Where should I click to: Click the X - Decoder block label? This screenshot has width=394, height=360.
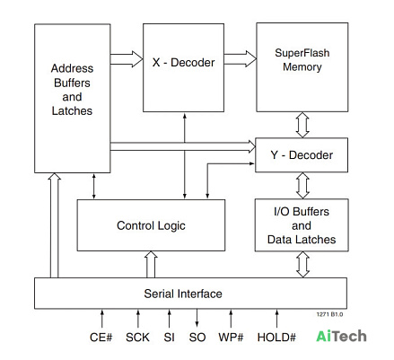[x=183, y=63]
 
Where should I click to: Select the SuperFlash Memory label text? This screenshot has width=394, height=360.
[x=302, y=60]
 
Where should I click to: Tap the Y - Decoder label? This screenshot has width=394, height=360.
[x=302, y=155]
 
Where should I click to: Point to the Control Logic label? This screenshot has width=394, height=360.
[x=151, y=225]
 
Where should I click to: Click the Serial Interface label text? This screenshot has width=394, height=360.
[x=183, y=294]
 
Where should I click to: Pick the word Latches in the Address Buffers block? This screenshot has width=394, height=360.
[x=72, y=111]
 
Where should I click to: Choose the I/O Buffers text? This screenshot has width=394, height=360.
[x=302, y=212]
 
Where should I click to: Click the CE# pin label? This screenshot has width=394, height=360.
[x=101, y=338]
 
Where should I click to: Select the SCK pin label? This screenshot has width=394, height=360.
[x=137, y=338]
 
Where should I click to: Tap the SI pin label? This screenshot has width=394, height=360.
[x=169, y=338]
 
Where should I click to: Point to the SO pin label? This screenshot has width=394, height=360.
[x=197, y=338]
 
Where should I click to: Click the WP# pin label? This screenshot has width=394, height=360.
[x=231, y=338]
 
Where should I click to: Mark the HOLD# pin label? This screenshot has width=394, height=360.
[x=276, y=338]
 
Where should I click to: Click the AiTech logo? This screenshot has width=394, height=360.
[x=341, y=336]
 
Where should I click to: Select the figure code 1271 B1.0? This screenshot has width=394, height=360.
[x=329, y=314]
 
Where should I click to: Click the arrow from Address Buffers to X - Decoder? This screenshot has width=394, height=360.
[x=127, y=59]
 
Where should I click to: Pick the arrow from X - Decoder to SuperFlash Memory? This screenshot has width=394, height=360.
[x=240, y=58]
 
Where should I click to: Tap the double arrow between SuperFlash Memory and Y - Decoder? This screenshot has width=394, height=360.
[x=302, y=125]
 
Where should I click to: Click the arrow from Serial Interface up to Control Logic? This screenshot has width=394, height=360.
[x=151, y=265]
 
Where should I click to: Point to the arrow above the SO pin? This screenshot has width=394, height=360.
[x=197, y=318]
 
